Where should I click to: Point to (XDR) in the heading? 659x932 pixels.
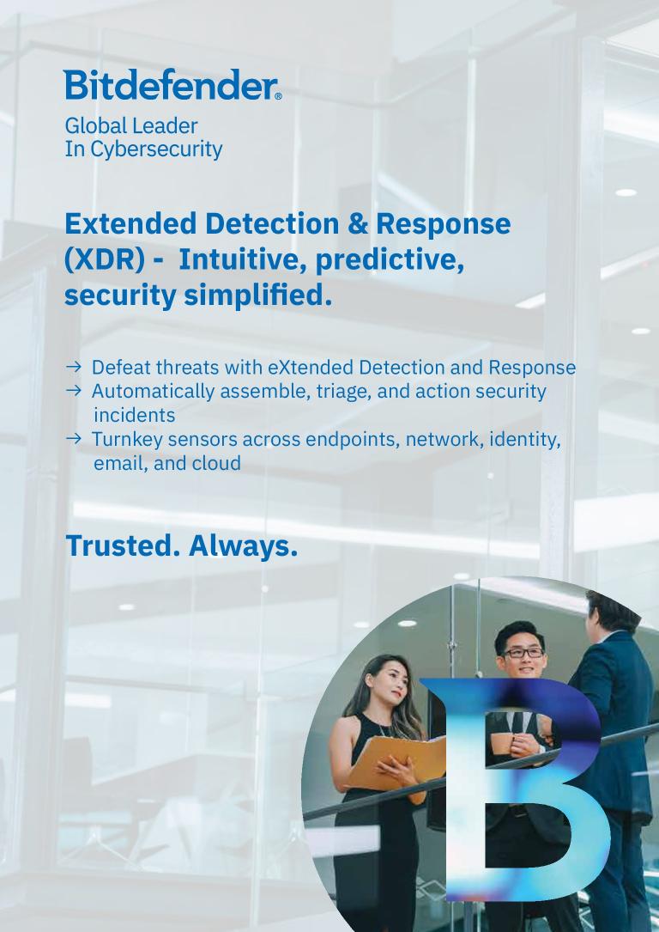(x=105, y=260)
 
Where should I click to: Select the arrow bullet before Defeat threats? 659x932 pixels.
(x=73, y=367)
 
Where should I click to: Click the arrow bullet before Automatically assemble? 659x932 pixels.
(x=73, y=391)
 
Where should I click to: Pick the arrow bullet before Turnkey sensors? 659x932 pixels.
(x=73, y=439)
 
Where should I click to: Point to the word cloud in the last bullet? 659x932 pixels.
(x=217, y=463)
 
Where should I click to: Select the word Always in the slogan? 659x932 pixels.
(x=244, y=547)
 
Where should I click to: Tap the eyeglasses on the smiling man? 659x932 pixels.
(x=523, y=652)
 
